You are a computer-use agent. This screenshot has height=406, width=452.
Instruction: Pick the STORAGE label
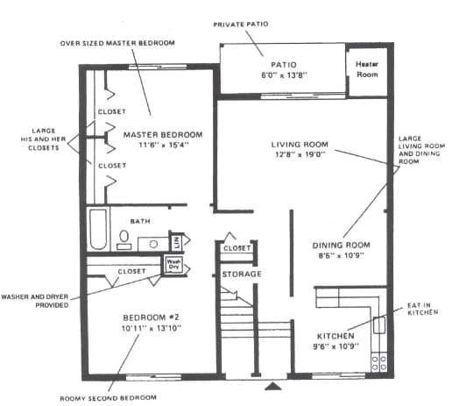241,274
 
